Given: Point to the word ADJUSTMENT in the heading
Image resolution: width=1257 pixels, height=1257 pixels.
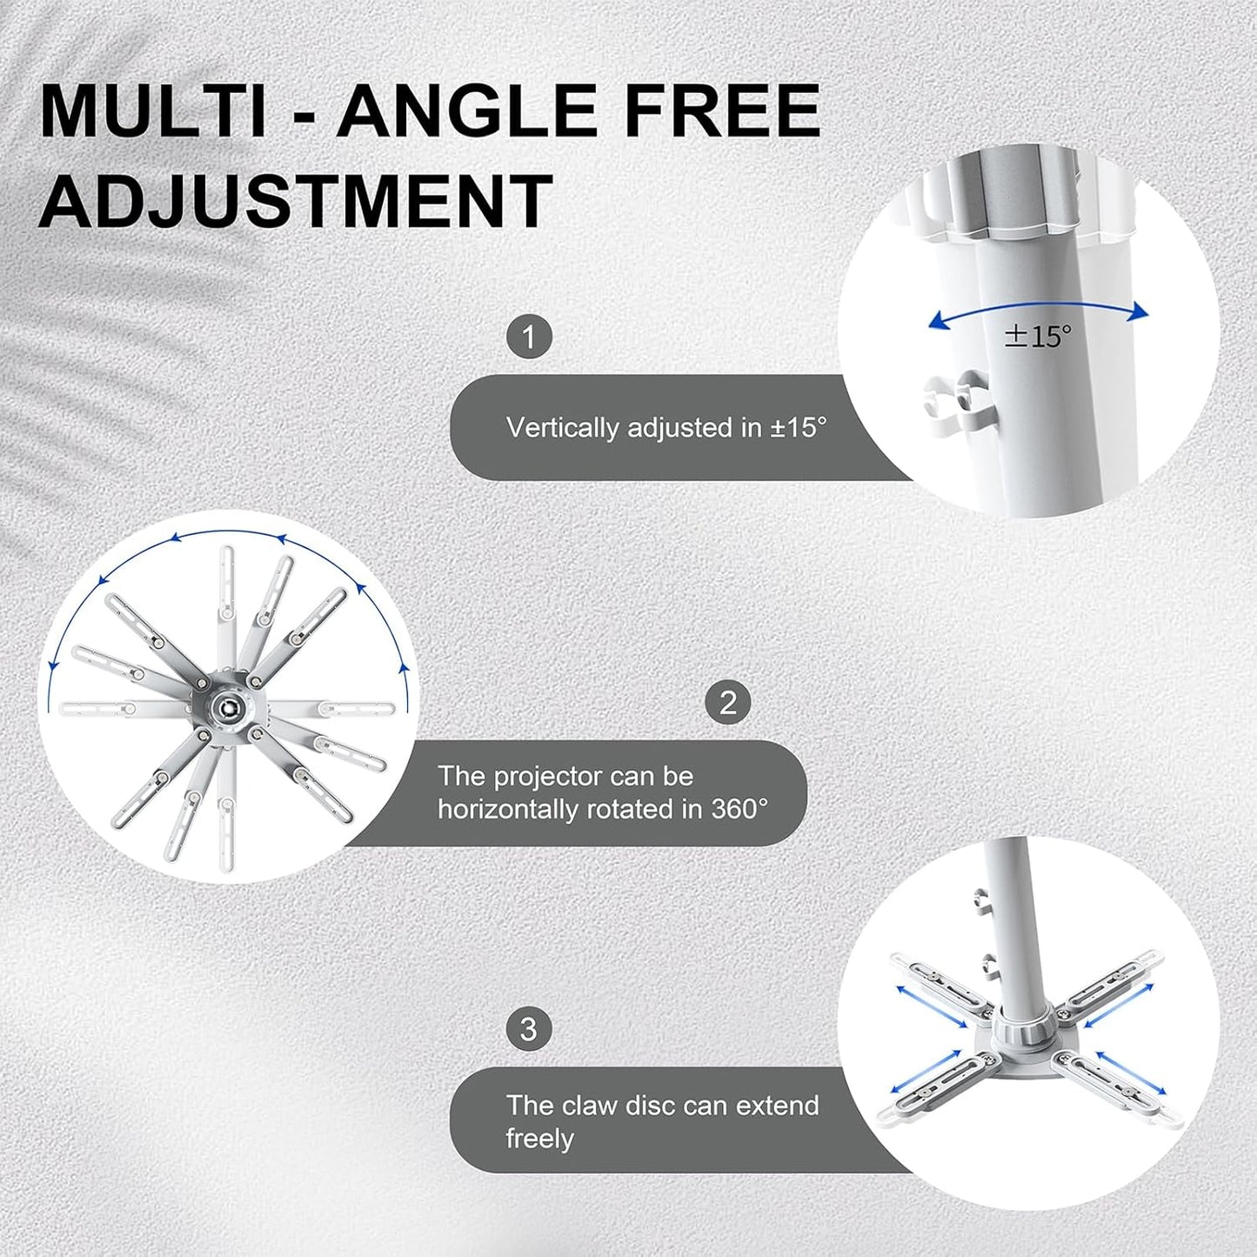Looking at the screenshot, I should tap(296, 201).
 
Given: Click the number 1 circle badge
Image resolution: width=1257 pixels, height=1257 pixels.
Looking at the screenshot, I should tap(529, 337).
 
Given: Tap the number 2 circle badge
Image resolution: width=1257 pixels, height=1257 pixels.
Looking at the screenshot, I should tap(728, 702).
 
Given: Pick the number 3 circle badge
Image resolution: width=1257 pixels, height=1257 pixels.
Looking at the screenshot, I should tap(529, 1029).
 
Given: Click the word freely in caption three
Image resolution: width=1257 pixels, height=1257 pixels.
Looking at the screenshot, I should tap(539, 1139).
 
